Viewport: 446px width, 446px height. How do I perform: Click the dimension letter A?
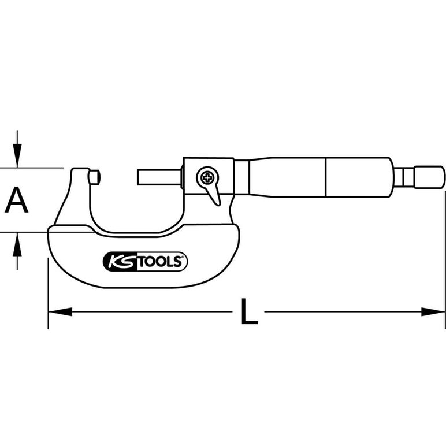[x=17, y=200]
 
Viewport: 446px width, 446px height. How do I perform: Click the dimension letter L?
[x=249, y=311]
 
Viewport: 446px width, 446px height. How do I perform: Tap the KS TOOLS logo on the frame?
[x=145, y=261]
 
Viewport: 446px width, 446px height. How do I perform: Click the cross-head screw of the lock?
[x=207, y=178]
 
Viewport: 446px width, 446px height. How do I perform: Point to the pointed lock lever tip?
[x=218, y=204]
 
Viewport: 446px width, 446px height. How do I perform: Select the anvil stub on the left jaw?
[x=94, y=177]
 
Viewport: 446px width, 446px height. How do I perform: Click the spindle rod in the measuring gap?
[x=159, y=177]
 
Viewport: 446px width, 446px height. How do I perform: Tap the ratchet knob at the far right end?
[x=429, y=177]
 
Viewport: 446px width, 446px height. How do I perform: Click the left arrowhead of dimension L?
[x=60, y=311]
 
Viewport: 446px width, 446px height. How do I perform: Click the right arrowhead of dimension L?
[x=433, y=311]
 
